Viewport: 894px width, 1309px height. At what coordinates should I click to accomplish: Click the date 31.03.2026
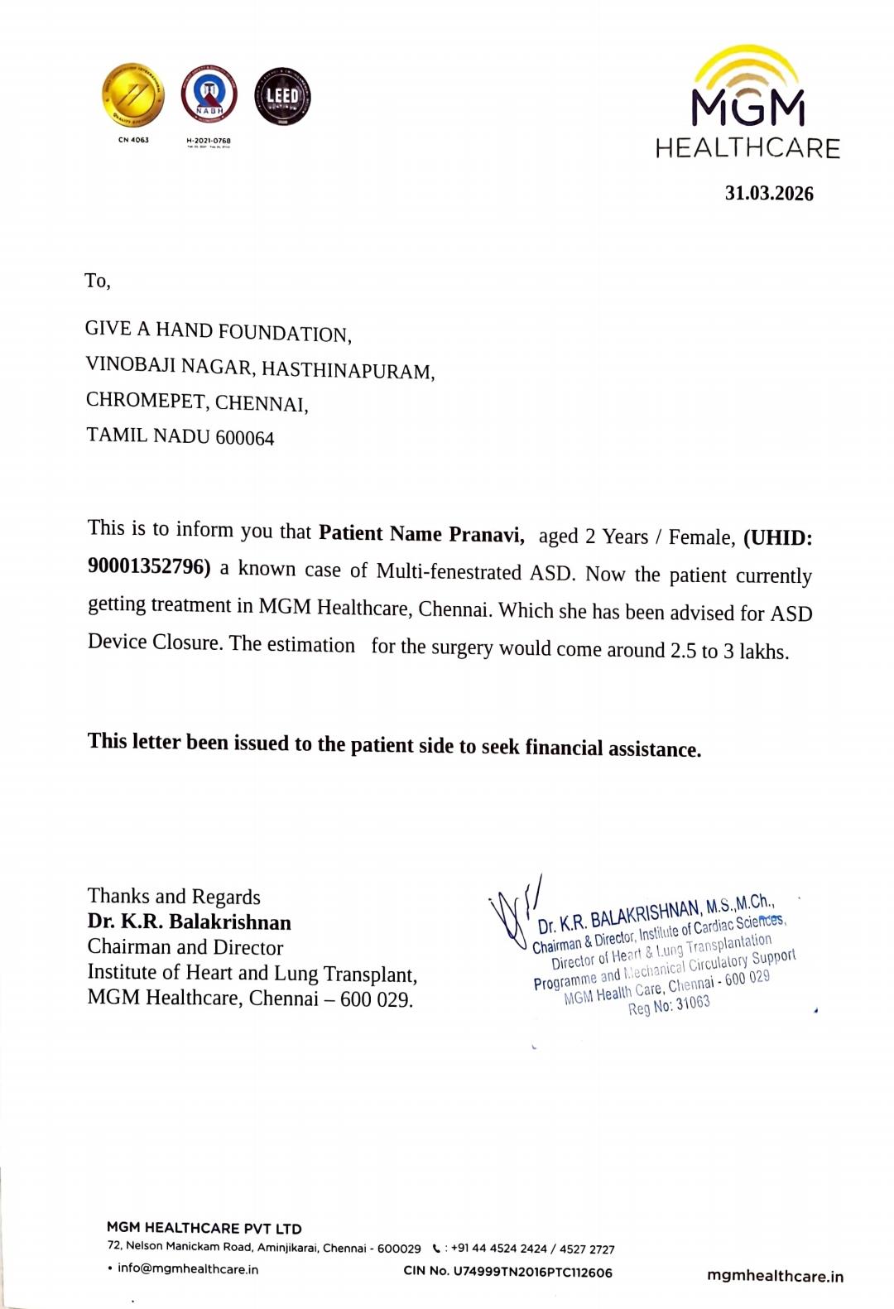768,194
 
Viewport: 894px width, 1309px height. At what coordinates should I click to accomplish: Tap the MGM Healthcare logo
747,103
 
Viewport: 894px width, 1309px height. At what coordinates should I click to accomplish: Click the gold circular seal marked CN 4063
132,96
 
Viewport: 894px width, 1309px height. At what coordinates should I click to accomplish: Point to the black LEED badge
282,97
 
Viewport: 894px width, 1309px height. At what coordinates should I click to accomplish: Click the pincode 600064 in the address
244,438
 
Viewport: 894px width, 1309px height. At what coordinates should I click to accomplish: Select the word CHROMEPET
146,402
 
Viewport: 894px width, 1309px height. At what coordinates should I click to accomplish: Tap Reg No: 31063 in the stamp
669,1006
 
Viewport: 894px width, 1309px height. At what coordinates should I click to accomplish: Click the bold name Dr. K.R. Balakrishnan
190,922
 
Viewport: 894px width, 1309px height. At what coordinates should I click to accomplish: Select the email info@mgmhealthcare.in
187,1269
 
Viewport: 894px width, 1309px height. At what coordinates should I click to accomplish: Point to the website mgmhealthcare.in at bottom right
775,1276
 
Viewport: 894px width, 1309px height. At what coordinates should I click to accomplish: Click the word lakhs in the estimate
763,652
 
